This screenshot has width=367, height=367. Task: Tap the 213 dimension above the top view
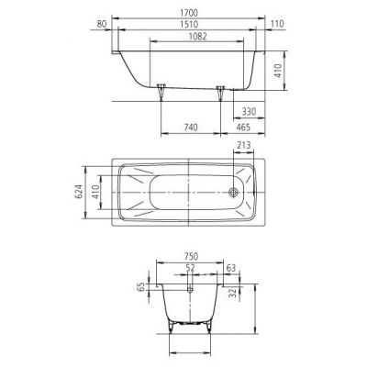point(245,144)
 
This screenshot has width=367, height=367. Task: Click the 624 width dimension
point(79,192)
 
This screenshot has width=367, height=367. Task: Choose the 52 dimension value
point(190,269)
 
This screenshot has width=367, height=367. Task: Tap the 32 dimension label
point(236,295)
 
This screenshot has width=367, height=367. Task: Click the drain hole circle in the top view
point(236,193)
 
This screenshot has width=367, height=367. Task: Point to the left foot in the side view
point(161,91)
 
